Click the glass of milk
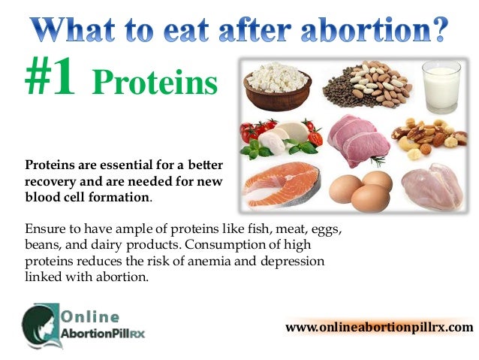pyautogui.click(x=441, y=86)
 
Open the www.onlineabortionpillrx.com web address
pyautogui.click(x=379, y=327)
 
